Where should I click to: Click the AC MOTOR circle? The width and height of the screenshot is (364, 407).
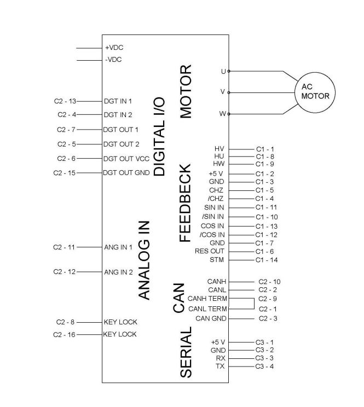[x=315, y=91]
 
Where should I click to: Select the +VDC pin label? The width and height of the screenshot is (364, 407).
[x=113, y=48]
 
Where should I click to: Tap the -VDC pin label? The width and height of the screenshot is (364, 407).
[x=113, y=59]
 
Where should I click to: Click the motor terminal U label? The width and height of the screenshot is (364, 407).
[x=223, y=71]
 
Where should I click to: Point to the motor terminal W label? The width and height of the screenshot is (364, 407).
[x=222, y=114]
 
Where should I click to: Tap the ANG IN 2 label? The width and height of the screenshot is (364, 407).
[x=118, y=272]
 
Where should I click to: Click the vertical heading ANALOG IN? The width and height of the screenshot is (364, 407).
[x=144, y=260]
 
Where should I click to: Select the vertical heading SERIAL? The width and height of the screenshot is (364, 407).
[x=186, y=353]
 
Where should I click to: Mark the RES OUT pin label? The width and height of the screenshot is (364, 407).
[x=210, y=251]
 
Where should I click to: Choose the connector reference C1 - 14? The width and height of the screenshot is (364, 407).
[x=267, y=259]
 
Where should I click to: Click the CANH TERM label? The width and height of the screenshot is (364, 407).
[x=207, y=299]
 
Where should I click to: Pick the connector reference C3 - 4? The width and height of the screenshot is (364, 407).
[x=264, y=365]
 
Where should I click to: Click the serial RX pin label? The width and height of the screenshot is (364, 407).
[x=221, y=358]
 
